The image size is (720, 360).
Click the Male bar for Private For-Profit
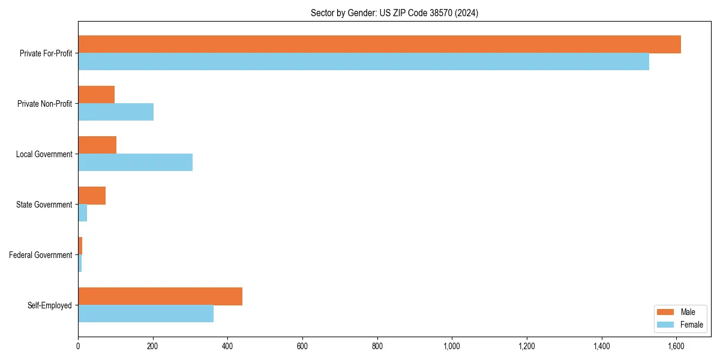tap(379, 44)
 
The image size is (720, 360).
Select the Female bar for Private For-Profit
tap(364, 62)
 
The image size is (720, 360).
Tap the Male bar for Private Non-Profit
tap(96, 95)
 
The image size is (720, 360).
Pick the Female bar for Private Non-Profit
tap(116, 112)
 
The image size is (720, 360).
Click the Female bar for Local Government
tap(135, 163)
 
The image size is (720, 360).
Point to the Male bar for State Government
tap(92, 196)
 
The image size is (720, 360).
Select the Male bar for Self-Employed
tap(160, 296)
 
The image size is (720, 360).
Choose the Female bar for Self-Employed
tap(146, 314)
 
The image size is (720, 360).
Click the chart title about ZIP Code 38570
tap(394, 13)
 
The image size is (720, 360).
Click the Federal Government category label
tap(41, 255)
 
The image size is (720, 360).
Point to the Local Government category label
tap(44, 154)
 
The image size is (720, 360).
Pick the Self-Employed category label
tap(50, 305)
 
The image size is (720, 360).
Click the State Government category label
tap(44, 205)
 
